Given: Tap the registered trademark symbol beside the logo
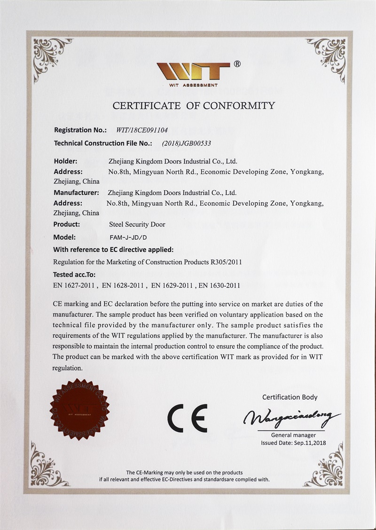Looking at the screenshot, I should click(237, 64).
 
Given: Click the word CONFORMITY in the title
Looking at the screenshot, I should click(239, 105).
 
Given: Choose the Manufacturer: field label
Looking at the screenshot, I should click(76, 192).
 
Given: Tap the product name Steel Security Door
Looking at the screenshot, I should click(137, 224).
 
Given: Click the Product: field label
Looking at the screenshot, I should click(67, 224).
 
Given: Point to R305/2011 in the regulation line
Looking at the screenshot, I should click(227, 261).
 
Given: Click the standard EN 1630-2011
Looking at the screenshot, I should click(219, 285).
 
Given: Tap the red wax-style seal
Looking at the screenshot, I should click(79, 409).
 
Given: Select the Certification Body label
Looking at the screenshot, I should click(290, 397).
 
